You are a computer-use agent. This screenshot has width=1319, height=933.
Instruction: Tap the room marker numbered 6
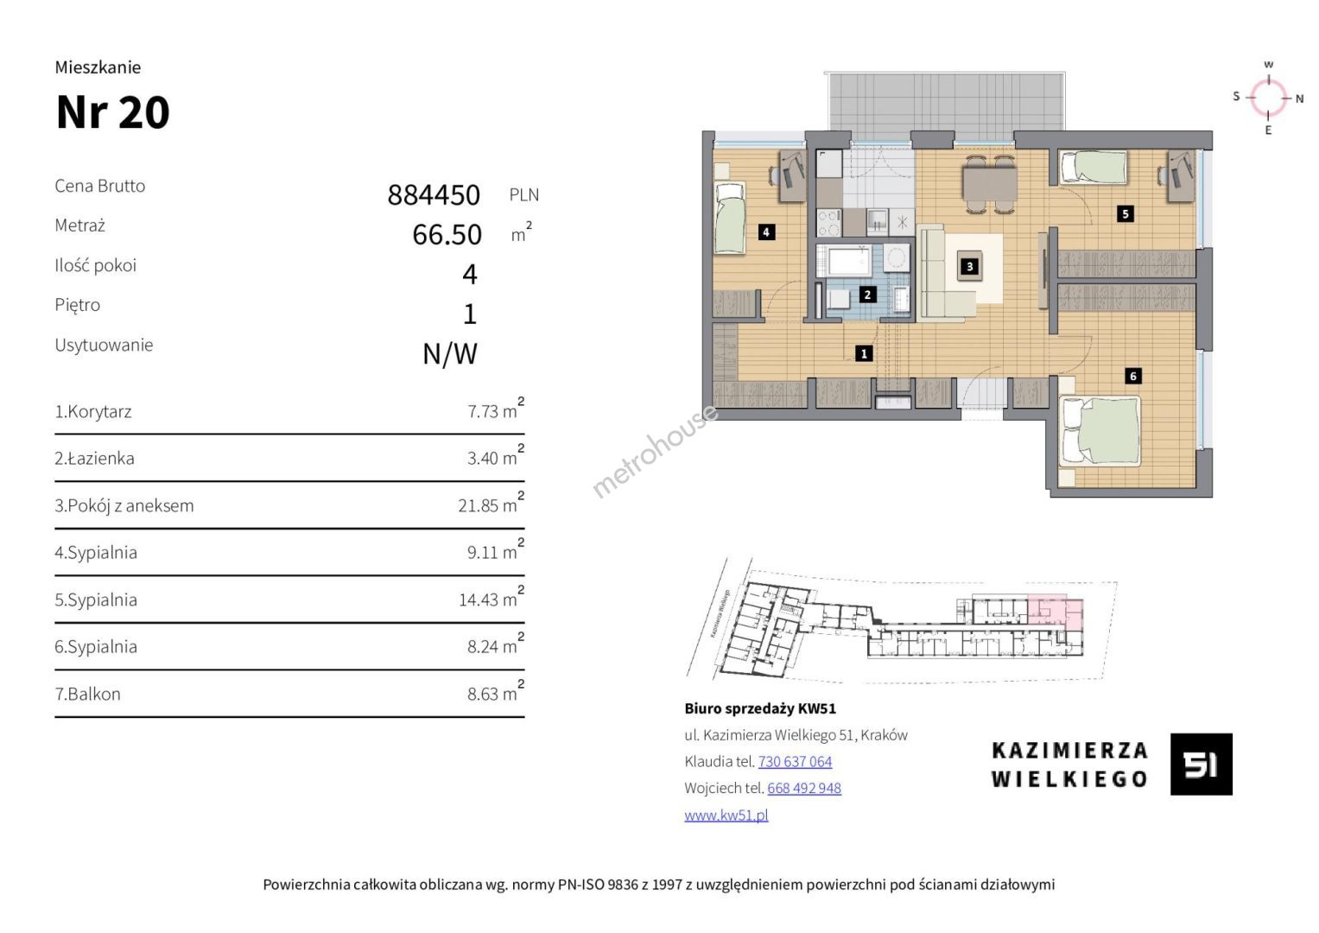(x=1133, y=376)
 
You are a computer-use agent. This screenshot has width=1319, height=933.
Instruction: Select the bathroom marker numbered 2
(x=866, y=295)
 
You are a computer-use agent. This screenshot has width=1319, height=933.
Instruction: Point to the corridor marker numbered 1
(x=864, y=353)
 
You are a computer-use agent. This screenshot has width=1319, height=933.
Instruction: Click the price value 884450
(x=434, y=195)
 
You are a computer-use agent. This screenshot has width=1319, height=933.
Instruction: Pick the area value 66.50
(x=447, y=234)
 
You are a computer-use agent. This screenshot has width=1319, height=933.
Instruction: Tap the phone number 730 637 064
(x=795, y=762)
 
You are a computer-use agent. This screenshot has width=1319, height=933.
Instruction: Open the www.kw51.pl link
(x=726, y=816)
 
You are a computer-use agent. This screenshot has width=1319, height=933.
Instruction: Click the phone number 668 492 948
(x=804, y=788)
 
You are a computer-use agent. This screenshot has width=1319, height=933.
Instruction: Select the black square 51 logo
(x=1202, y=764)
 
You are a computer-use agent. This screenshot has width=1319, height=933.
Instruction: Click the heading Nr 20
(x=113, y=112)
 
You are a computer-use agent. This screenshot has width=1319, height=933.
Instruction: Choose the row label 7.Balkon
(x=88, y=694)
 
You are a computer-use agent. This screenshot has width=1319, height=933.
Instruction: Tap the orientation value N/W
(x=450, y=354)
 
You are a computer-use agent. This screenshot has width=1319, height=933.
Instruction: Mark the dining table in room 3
(x=989, y=183)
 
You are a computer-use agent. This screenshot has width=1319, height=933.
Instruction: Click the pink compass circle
(x=1268, y=97)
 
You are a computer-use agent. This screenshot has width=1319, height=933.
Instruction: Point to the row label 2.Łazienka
(x=94, y=458)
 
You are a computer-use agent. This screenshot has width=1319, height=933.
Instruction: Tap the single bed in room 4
(x=730, y=218)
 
